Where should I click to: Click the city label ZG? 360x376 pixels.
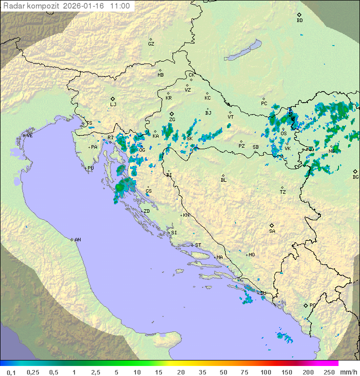click(x=172, y=120)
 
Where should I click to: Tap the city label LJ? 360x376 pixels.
click(x=113, y=105)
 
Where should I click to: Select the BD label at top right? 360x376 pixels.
click(x=299, y=21)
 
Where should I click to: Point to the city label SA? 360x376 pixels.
click(x=272, y=231)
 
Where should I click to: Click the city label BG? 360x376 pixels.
click(x=355, y=177)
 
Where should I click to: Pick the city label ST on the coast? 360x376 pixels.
click(x=198, y=245)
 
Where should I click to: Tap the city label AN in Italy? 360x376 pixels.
click(x=77, y=240)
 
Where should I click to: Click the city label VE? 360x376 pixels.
click(x=29, y=136)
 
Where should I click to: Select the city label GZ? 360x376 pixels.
click(x=151, y=44)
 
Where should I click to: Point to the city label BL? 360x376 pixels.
click(x=223, y=180)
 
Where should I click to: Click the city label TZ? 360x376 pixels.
click(x=283, y=192)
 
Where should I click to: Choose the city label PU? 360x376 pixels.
click(x=90, y=168)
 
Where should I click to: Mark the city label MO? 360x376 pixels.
click(x=251, y=255)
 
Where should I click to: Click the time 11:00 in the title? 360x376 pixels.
click(x=120, y=6)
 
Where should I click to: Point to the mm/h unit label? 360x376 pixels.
click(x=348, y=372)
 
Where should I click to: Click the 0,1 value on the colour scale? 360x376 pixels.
click(x=10, y=372)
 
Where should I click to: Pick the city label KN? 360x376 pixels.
click(x=186, y=215)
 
